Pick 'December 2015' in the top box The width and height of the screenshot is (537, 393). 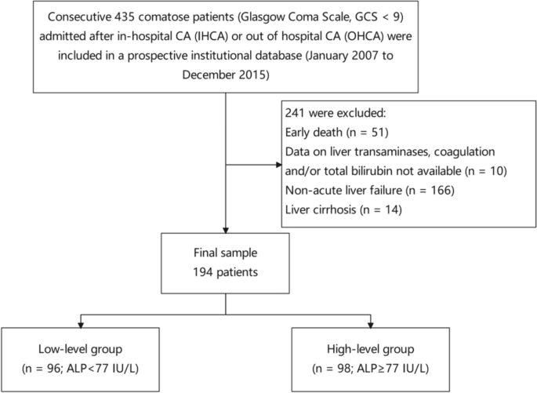tap(227, 75)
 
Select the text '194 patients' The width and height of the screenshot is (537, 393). tap(226, 272)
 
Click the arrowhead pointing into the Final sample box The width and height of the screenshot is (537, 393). tap(226, 228)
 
